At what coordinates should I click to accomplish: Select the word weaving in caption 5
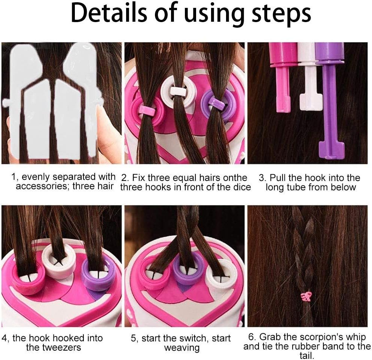point(182,348)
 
